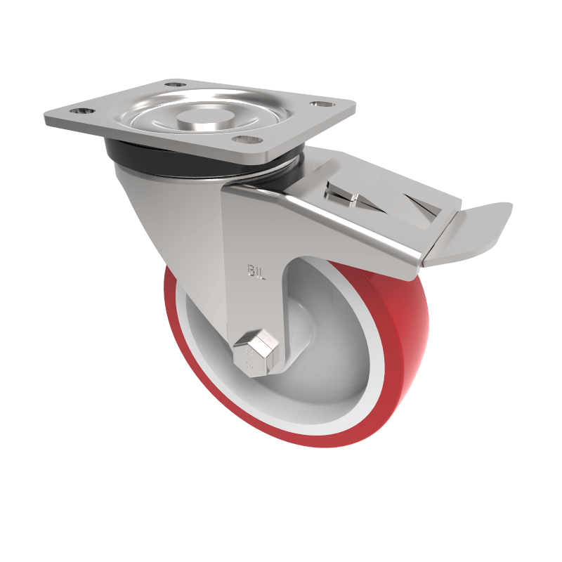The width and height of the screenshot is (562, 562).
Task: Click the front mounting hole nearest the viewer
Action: coord(244,138)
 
